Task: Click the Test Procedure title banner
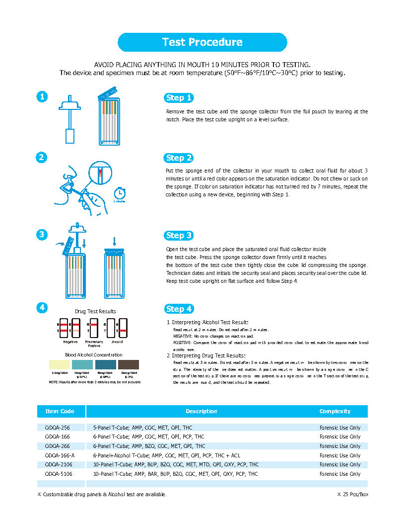202,42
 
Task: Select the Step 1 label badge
179,97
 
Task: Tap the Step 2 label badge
179,158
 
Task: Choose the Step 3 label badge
179,235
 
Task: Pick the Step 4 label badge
179,309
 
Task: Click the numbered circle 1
43,97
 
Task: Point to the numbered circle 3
43,235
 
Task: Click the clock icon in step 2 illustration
119,192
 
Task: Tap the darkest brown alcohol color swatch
129,364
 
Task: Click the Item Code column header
60,411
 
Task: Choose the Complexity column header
335,411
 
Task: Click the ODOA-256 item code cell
57,427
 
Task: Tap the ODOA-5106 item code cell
58,474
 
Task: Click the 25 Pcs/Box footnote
352,494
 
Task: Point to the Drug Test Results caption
95,311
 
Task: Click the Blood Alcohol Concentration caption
94,354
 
